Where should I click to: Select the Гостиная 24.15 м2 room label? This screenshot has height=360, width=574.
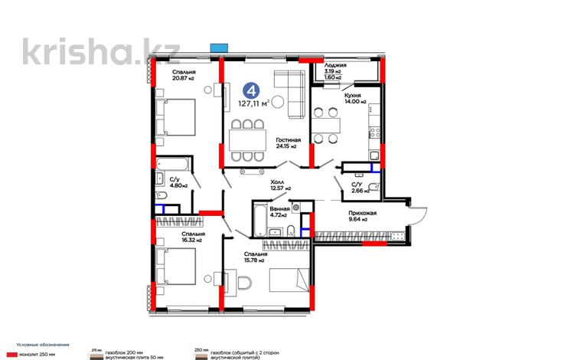pos(289,143)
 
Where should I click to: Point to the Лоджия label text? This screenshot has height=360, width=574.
pos(335,67)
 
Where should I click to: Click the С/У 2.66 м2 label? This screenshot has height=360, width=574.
pos(357,188)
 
